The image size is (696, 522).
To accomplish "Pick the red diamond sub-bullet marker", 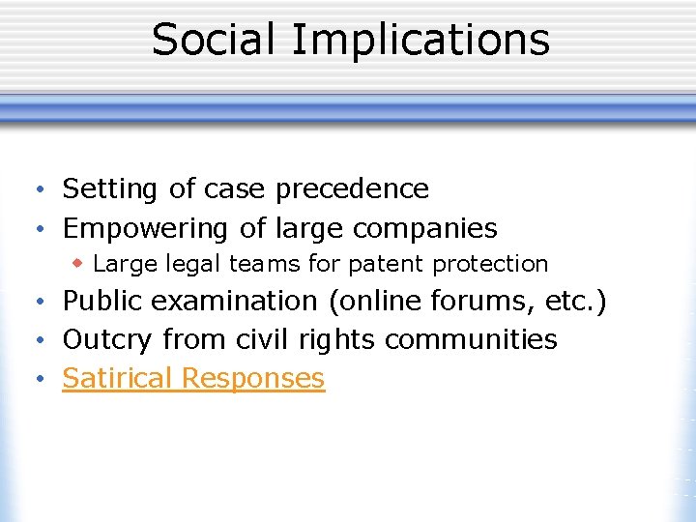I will (79, 263).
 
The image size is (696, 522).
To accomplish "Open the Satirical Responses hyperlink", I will (193, 378).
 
